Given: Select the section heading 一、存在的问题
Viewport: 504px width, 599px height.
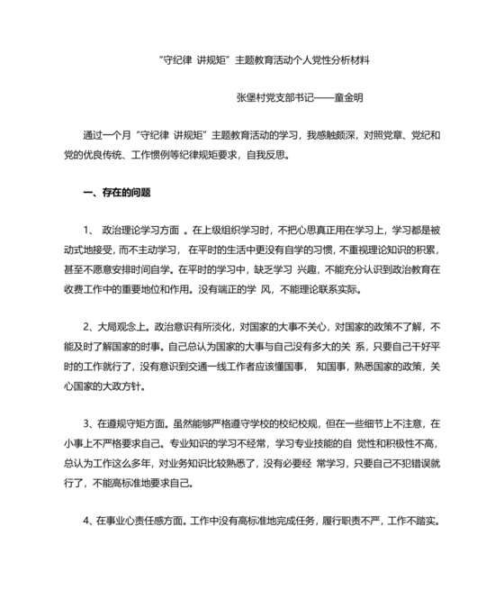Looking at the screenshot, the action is point(116,192).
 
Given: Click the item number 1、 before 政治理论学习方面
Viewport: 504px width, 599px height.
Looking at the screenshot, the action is point(91,230).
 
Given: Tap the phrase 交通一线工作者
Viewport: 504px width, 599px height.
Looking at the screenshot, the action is point(235,367).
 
